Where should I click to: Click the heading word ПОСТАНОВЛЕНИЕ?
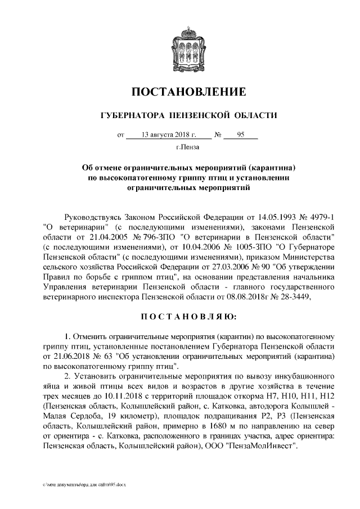pos(180,91)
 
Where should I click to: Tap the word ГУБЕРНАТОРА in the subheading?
pos(128,116)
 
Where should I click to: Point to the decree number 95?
pos(241,135)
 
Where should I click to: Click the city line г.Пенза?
pos(180,148)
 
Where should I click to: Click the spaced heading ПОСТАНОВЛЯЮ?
pos(180,319)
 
